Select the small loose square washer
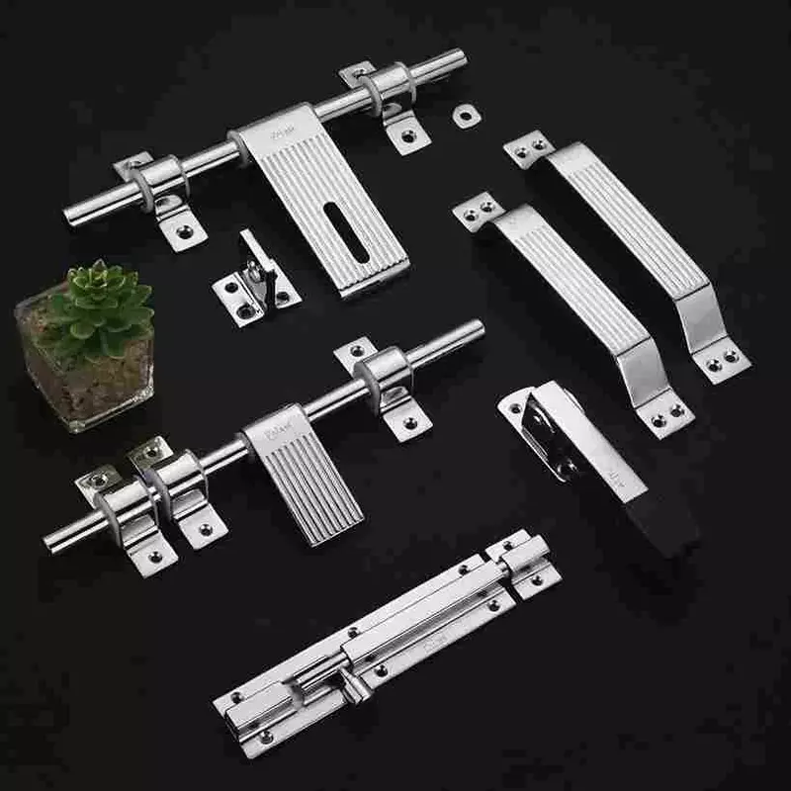pyautogui.click(x=467, y=115)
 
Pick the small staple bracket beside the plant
pyautogui.click(x=255, y=283)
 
